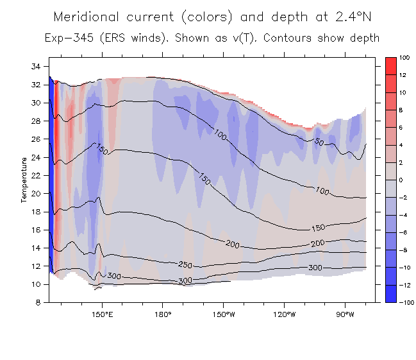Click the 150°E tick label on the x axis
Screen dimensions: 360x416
102,314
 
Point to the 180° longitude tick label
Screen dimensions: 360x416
163,314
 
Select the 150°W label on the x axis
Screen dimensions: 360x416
223,314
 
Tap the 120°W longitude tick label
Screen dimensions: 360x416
284,314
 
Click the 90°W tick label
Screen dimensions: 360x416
345,314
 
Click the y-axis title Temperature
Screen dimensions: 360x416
24,179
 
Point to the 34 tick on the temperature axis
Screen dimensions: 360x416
36,66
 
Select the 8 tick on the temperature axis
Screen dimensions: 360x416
38,302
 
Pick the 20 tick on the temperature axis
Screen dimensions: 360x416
36,193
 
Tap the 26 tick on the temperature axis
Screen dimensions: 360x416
36,139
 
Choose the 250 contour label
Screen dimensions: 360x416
185,264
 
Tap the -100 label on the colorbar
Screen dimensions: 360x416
404,302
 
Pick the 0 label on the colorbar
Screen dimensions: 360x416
401,180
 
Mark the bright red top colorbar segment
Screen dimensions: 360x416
389,63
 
